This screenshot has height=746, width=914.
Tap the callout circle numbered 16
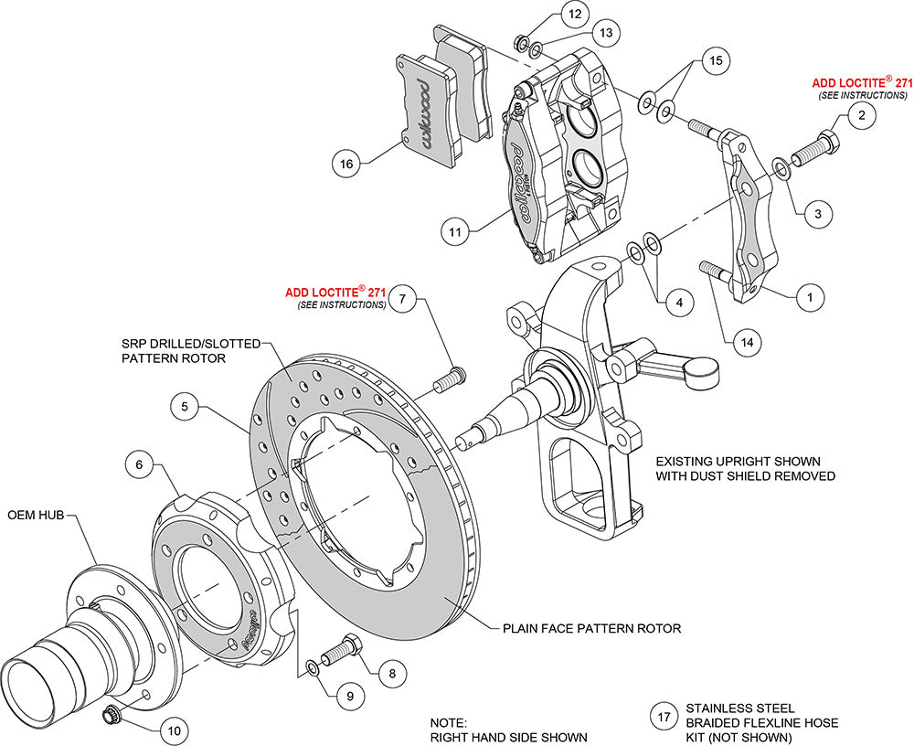click(x=345, y=165)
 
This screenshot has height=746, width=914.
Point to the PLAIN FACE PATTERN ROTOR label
click(x=591, y=629)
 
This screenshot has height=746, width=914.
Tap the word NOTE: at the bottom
click(x=449, y=721)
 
